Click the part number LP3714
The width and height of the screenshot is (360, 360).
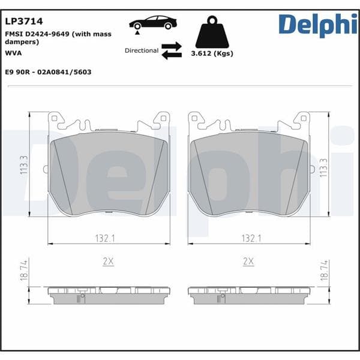tap(20, 22)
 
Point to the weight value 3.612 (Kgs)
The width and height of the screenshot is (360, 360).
tap(212, 53)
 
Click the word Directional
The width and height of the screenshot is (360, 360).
tap(142, 50)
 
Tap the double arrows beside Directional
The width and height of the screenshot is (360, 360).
tap(172, 50)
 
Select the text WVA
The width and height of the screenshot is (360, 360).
tap(13, 53)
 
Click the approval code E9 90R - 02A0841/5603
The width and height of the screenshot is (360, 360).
tap(48, 71)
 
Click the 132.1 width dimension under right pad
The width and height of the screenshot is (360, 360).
tap(251, 238)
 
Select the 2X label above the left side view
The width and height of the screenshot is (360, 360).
tap(109, 262)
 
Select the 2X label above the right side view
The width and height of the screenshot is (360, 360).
tap(248, 262)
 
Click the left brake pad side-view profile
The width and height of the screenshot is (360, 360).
tap(109, 294)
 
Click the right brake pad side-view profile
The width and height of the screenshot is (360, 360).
tap(249, 294)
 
